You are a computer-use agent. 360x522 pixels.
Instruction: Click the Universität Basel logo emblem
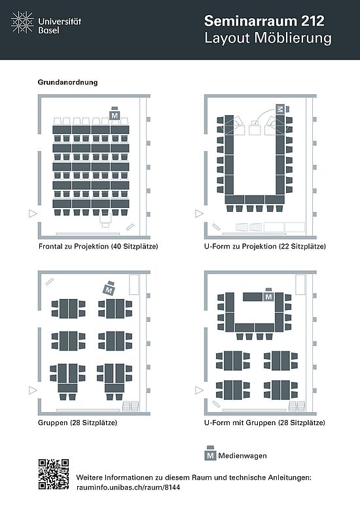pyautogui.click(x=22, y=22)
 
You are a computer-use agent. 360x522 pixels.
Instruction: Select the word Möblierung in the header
pyautogui.click(x=293, y=38)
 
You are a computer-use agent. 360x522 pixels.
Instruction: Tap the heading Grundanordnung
pyautogui.click(x=67, y=82)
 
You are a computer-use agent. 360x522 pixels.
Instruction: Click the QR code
pyautogui.click(x=54, y=474)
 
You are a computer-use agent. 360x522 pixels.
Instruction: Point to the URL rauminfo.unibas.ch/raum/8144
pyautogui.click(x=128, y=487)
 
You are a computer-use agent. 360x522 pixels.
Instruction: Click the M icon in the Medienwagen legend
pyautogui.click(x=210, y=453)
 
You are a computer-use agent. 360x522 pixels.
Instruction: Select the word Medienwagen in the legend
pyautogui.click(x=242, y=456)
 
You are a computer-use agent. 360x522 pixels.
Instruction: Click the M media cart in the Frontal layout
pyautogui.click(x=115, y=114)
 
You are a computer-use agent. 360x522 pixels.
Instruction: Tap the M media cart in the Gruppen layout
pyautogui.click(x=109, y=288)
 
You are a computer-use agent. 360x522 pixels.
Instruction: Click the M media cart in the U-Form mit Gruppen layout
pyautogui.click(x=269, y=295)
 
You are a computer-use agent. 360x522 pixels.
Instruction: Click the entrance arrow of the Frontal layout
pyautogui.click(x=33, y=213)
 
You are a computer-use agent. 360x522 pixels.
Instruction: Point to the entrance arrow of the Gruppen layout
pyautogui.click(x=33, y=390)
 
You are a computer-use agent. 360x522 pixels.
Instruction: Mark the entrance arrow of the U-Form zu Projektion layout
pyautogui.click(x=199, y=213)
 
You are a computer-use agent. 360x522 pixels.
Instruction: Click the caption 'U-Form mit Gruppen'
pyautogui.click(x=240, y=423)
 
